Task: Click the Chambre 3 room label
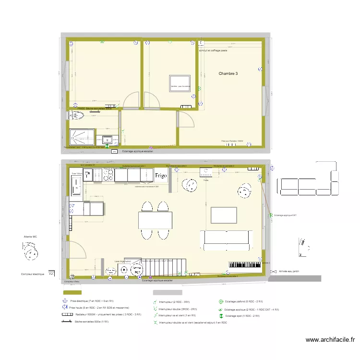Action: [x=228, y=73]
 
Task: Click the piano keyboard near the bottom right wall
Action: [x=245, y=264]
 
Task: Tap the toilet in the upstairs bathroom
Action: [x=77, y=116]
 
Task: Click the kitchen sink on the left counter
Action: [x=76, y=185]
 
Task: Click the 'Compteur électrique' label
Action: [x=33, y=274]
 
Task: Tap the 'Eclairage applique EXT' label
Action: [x=285, y=216]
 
